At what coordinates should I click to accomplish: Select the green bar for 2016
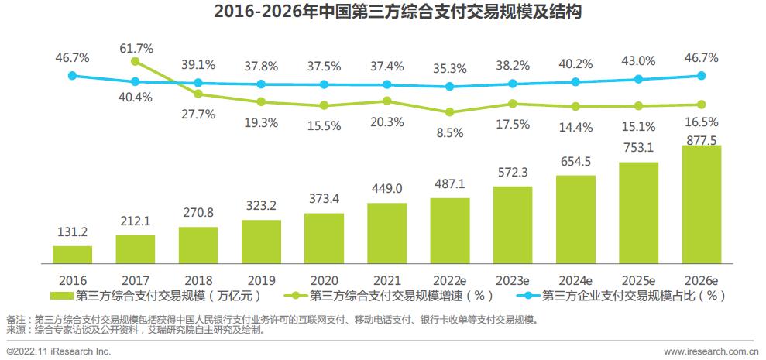73,255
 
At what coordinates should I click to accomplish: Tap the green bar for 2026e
701,205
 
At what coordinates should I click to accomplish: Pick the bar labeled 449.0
387,234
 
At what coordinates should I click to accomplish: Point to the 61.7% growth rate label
136,48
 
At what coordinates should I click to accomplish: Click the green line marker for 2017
136,62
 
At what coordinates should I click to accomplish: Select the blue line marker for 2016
73,76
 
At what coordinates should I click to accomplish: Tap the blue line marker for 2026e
701,76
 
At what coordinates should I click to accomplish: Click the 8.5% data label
450,133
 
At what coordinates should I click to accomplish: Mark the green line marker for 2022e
450,111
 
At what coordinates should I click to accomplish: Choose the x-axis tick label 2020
324,279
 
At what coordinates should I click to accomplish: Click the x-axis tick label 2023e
512,279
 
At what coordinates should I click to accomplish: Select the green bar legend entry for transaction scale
151,295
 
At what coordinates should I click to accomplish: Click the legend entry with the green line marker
387,295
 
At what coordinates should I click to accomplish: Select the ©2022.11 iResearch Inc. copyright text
59,352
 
